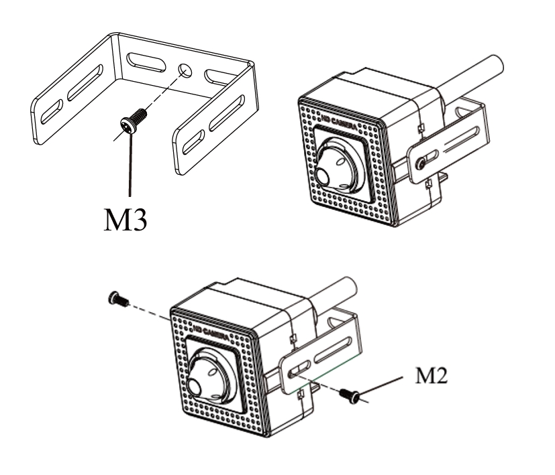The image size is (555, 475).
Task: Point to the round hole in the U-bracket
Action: click(x=184, y=69)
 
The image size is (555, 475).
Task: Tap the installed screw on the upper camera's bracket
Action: click(x=419, y=162)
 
